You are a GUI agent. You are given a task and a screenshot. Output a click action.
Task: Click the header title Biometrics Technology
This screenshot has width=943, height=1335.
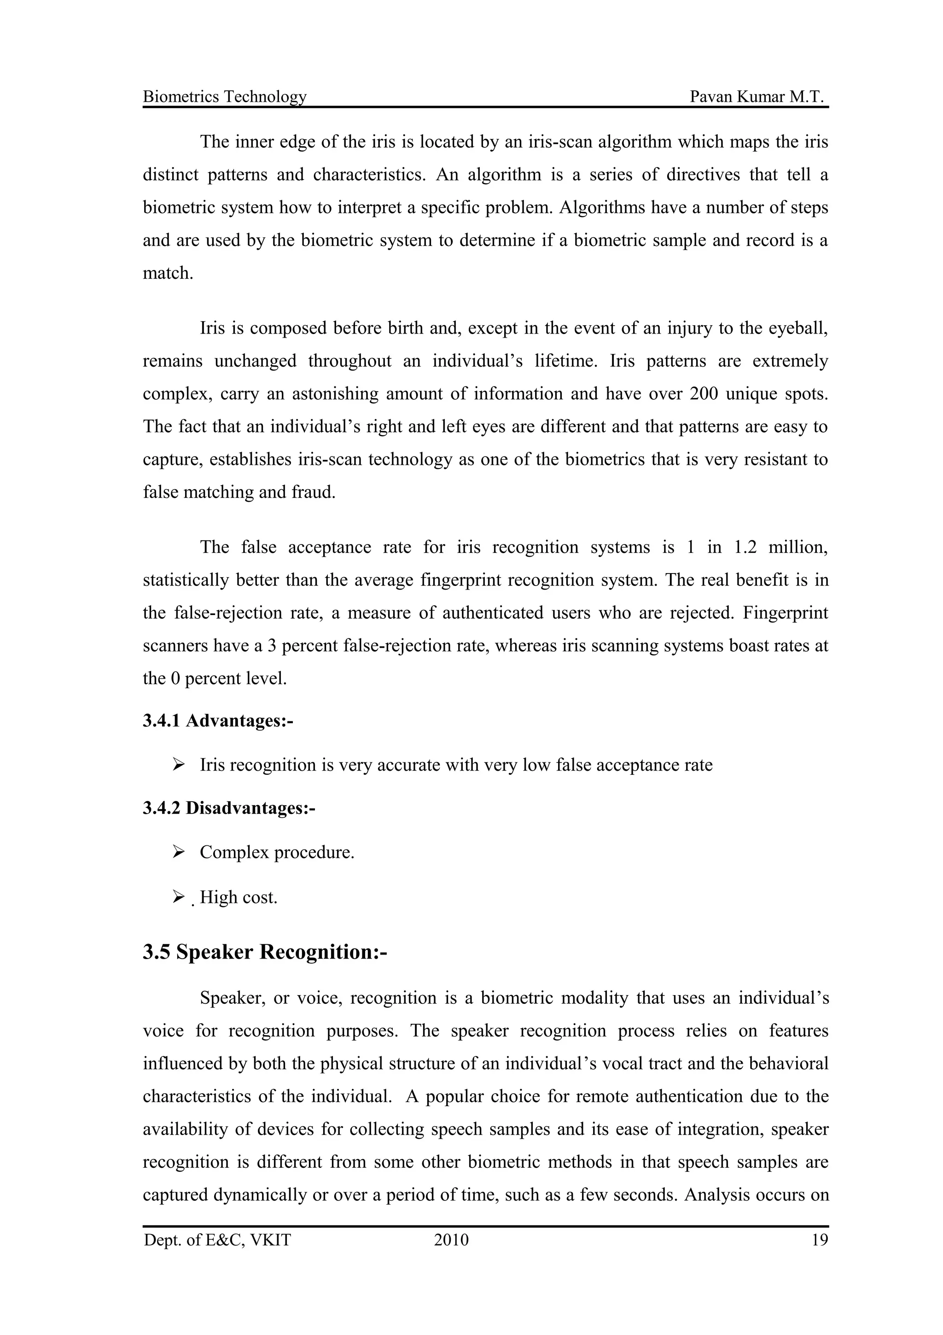click(224, 97)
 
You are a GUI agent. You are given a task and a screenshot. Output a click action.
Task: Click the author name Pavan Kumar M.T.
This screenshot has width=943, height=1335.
click(757, 97)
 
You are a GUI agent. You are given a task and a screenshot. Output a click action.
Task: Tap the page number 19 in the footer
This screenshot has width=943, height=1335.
click(819, 1240)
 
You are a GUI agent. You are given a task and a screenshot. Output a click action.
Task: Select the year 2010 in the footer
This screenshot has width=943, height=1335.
click(451, 1240)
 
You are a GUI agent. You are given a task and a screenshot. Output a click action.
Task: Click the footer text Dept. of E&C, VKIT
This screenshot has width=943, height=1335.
click(217, 1240)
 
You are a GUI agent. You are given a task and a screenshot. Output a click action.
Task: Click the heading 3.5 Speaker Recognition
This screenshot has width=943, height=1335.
click(264, 952)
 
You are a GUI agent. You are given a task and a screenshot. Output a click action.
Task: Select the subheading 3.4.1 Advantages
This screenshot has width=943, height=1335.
click(218, 721)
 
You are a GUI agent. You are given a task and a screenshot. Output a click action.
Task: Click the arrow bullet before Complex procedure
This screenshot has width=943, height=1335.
click(178, 852)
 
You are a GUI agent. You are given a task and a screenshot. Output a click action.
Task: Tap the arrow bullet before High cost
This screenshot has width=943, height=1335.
click(178, 897)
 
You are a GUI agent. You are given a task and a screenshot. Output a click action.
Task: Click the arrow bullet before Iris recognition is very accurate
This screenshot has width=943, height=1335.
click(178, 764)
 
